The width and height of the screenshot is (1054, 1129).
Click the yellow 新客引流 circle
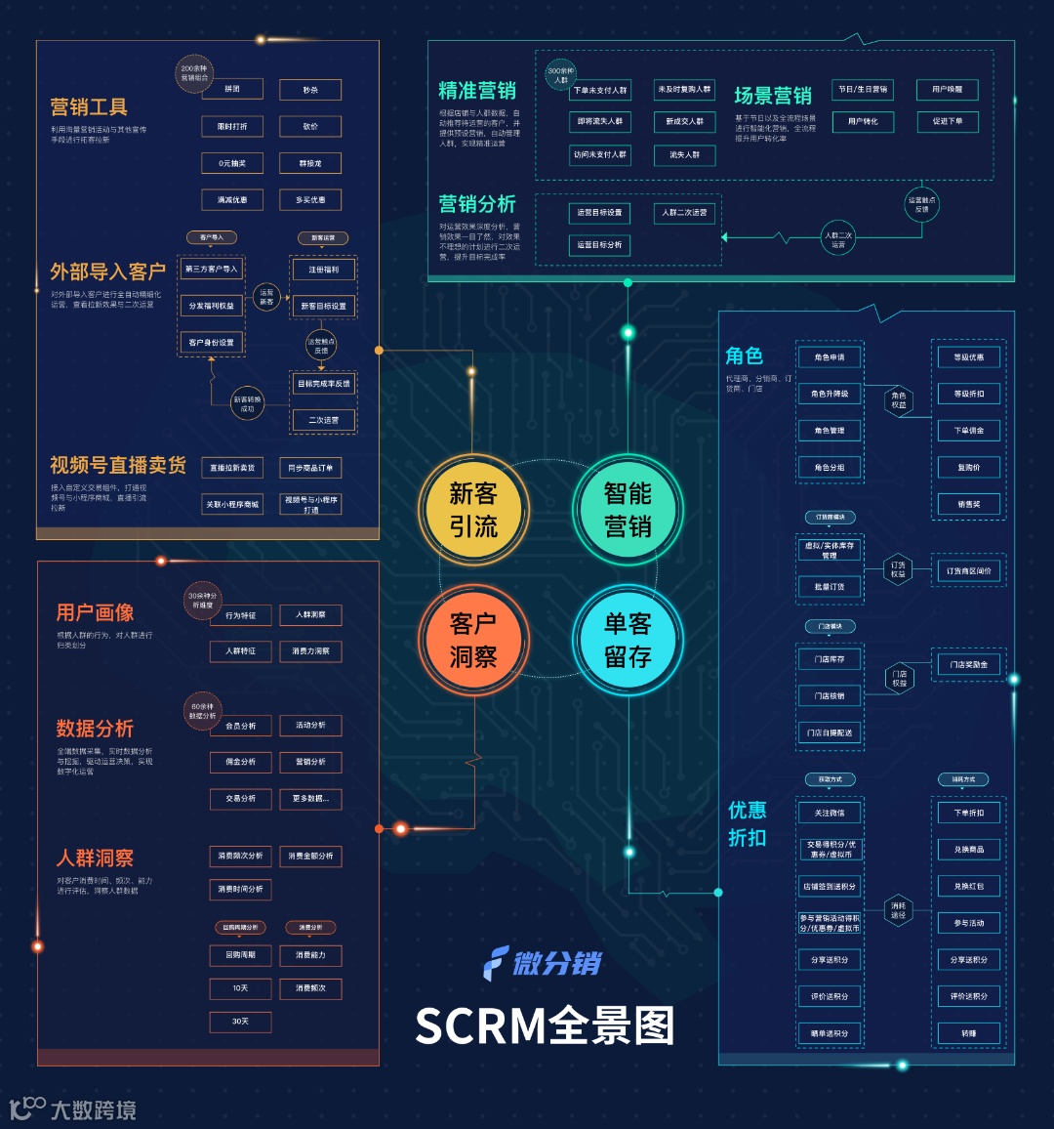(x=473, y=510)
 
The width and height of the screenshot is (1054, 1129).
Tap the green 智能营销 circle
(x=628, y=510)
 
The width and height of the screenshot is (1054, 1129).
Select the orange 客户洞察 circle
(x=473, y=640)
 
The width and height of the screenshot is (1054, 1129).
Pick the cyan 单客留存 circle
(x=628, y=640)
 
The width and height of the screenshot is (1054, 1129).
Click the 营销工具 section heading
(x=89, y=106)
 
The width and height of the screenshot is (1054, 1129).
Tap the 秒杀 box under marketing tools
(x=310, y=90)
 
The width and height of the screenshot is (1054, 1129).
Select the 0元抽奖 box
(x=232, y=163)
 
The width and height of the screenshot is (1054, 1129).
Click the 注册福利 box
(x=324, y=270)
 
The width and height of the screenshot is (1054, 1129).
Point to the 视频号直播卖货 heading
(x=118, y=465)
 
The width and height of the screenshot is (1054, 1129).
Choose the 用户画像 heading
(x=95, y=612)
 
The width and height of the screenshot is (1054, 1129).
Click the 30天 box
(x=240, y=1022)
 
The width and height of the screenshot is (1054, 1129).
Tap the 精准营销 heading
(x=477, y=91)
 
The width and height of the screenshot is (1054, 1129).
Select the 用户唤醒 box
(x=947, y=90)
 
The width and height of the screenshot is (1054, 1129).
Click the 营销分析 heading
(x=477, y=204)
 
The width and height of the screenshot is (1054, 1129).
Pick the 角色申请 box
(x=830, y=357)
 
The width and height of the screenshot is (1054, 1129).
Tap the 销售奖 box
(x=968, y=504)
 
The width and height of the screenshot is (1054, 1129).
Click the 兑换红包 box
(x=968, y=887)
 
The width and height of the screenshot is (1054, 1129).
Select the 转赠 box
(x=968, y=1033)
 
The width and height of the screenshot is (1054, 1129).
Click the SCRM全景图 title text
(x=545, y=1025)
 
